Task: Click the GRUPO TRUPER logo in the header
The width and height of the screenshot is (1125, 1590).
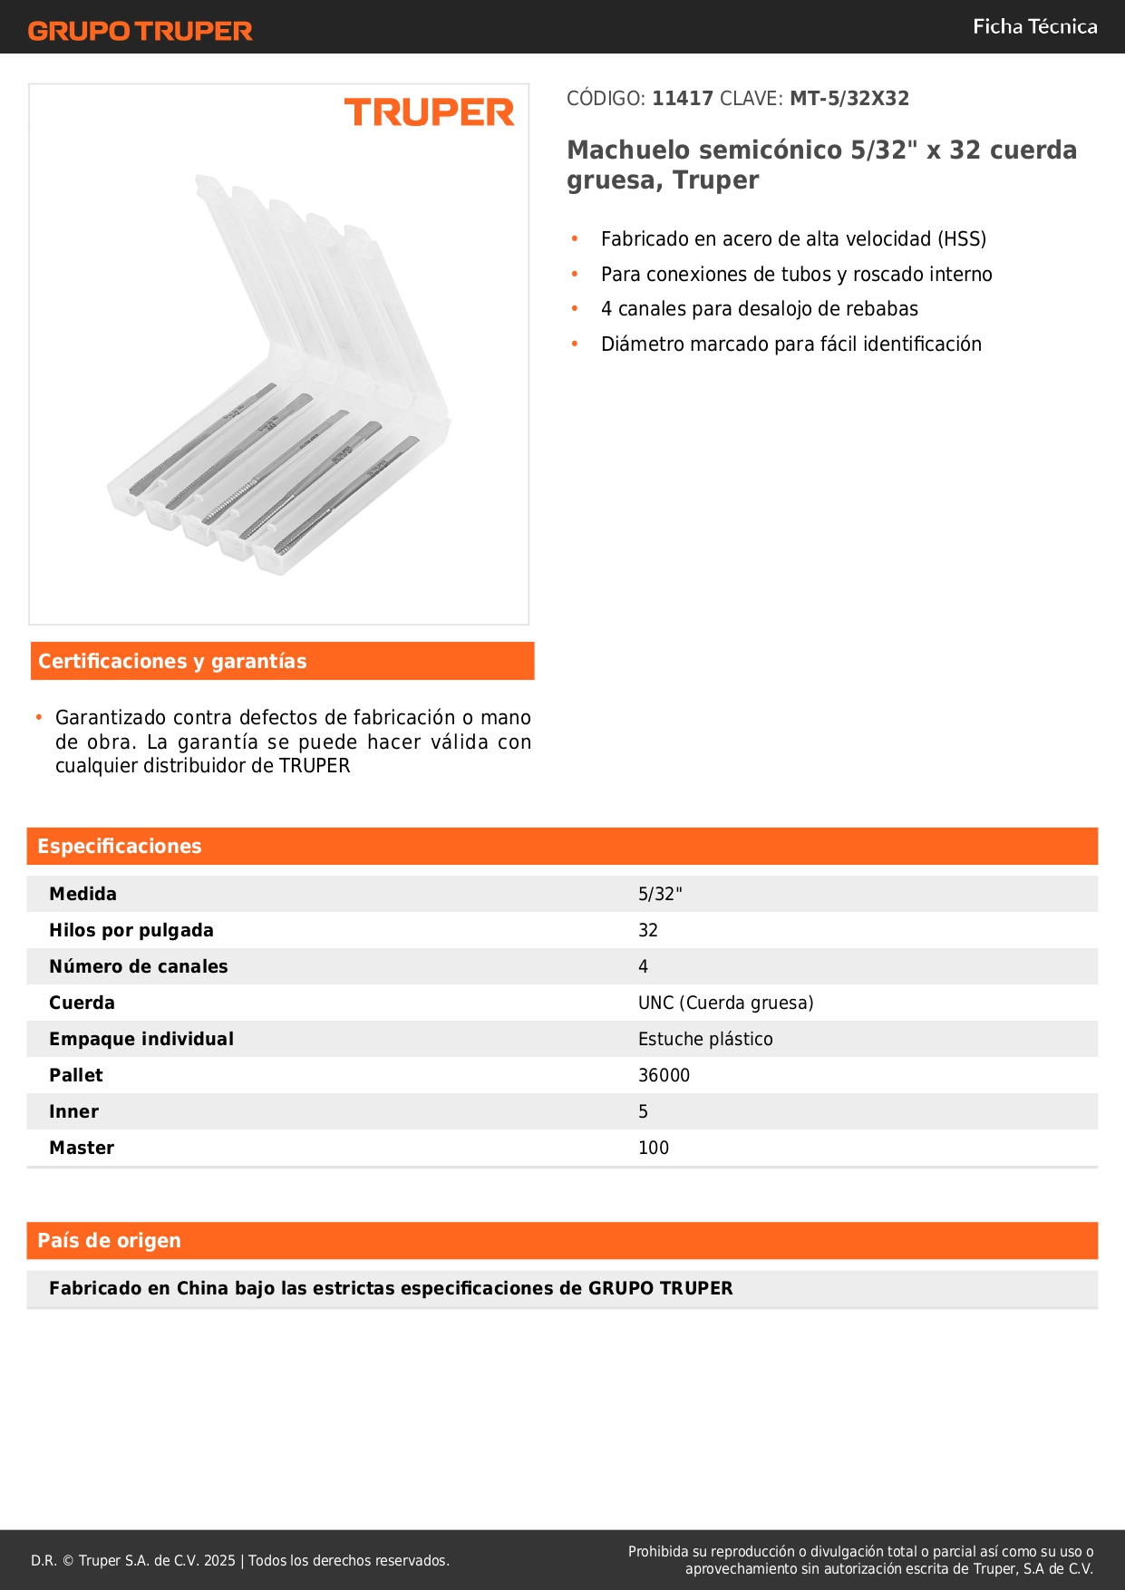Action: click(140, 31)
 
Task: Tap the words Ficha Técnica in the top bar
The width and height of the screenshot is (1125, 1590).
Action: click(1034, 27)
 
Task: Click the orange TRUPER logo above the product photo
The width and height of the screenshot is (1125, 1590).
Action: click(429, 112)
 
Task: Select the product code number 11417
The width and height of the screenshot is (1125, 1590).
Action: click(683, 99)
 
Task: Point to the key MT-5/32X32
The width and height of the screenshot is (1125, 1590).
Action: click(849, 99)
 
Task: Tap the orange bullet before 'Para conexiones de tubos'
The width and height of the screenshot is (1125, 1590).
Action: click(575, 274)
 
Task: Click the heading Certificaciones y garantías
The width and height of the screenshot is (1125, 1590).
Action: click(172, 662)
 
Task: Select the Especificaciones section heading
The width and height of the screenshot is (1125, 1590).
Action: click(120, 847)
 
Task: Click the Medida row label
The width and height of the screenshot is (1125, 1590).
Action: click(83, 895)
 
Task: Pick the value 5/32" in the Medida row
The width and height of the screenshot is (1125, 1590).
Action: click(660, 895)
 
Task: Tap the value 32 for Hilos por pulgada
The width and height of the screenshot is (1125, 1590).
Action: click(648, 931)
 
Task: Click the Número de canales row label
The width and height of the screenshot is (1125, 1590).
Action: click(139, 967)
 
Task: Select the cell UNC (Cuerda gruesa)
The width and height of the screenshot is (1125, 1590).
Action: click(725, 1003)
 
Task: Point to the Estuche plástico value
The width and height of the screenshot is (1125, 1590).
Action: click(705, 1040)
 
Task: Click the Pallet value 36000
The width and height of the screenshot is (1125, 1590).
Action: click(664, 1076)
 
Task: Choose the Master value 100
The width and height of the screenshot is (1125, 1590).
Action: click(654, 1149)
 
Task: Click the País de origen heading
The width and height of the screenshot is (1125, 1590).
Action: click(109, 1241)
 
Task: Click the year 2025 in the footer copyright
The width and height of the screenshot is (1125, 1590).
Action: click(219, 1561)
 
